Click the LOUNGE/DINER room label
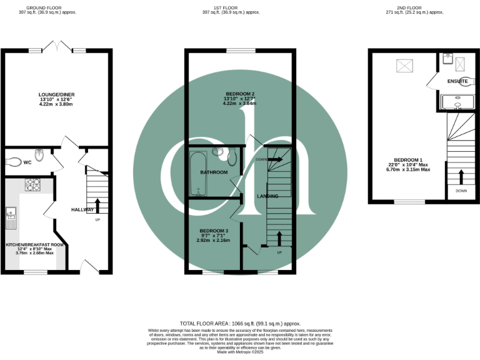click(56, 95)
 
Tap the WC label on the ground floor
click(27, 162)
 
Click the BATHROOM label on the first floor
click(213, 172)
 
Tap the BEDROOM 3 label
click(213, 231)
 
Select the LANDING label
click(267, 196)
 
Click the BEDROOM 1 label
click(407, 159)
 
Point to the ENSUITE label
click(457, 82)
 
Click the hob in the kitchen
click(32, 184)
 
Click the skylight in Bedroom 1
click(404, 64)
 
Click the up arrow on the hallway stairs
click(97, 205)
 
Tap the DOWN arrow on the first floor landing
click(275, 159)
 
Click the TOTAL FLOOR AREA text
click(240, 323)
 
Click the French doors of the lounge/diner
click(56, 48)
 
